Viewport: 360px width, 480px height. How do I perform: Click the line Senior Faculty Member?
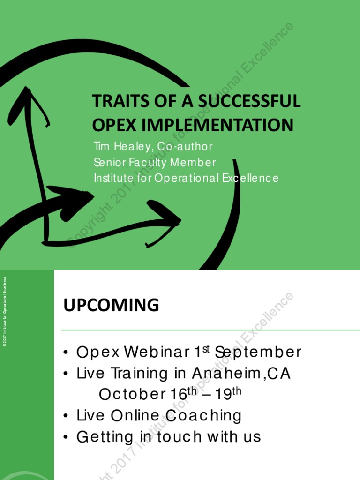click(155, 163)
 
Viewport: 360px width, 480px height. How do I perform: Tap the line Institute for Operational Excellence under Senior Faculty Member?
click(186, 178)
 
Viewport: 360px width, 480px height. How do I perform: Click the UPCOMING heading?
click(111, 306)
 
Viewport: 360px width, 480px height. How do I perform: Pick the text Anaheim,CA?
click(241, 374)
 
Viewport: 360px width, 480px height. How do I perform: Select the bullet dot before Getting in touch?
click(67, 437)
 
